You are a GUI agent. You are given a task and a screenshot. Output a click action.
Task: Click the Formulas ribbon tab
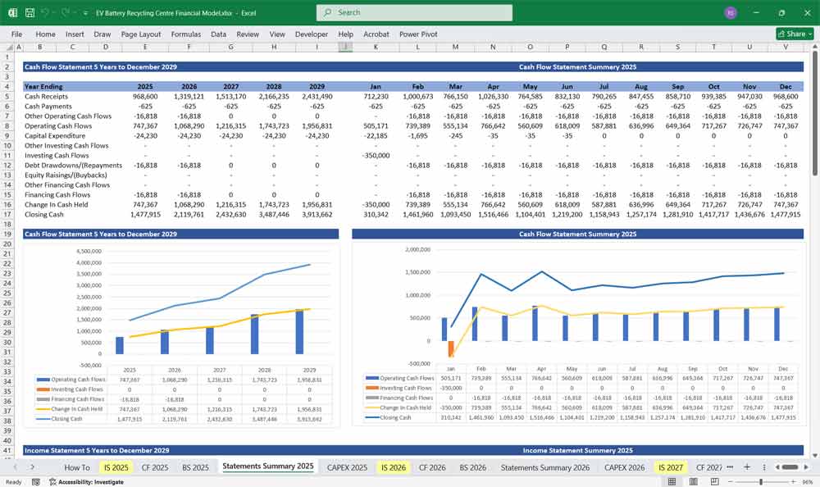pyautogui.click(x=186, y=34)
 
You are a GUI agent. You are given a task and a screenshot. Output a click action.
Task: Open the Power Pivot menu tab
pyautogui.click(x=418, y=34)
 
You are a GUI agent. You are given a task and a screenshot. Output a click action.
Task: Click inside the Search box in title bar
pyautogui.click(x=414, y=12)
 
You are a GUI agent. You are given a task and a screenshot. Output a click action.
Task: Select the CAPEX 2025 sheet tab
pyautogui.click(x=347, y=467)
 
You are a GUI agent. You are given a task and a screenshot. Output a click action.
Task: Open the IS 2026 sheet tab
pyautogui.click(x=392, y=467)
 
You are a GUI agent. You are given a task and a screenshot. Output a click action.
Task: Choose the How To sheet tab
pyautogui.click(x=77, y=467)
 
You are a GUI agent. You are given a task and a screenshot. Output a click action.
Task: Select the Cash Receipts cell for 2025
pyautogui.click(x=144, y=97)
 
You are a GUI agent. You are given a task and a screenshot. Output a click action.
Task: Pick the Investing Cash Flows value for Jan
pyautogui.click(x=376, y=156)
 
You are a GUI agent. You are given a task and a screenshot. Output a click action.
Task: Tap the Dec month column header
pyautogui.click(x=786, y=86)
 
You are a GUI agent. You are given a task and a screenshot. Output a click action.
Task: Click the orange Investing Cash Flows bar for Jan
pyautogui.click(x=451, y=348)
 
